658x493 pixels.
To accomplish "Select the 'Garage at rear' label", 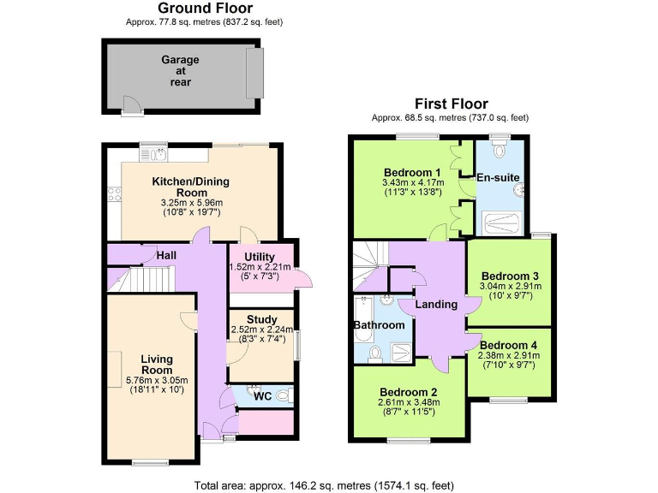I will point(180,71).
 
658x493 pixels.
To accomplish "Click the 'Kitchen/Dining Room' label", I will point(191,187).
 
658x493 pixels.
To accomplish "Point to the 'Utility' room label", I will point(259,257).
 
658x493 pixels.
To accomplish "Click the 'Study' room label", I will point(261,319).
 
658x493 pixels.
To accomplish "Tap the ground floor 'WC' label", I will point(262,396).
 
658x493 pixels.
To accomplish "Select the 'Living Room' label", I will point(157,364).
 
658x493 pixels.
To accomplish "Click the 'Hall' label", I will point(166,255).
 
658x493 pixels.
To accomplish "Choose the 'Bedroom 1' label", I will point(412,170).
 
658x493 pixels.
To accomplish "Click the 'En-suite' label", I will point(499,178).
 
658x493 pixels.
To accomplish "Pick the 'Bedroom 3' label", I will point(509,276).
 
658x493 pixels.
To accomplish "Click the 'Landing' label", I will point(436,305).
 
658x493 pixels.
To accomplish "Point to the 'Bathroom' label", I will point(380,325).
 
